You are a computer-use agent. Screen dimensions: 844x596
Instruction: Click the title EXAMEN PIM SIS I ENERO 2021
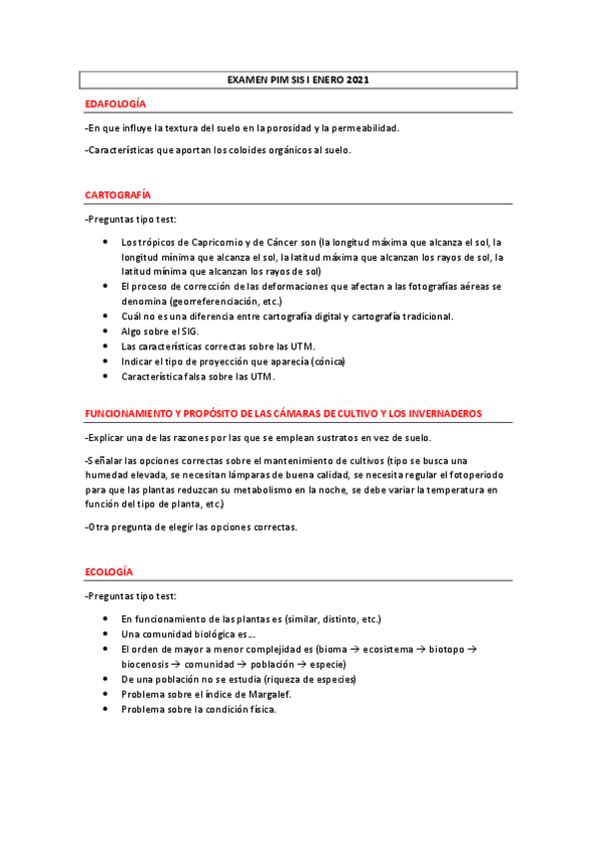pos(298,79)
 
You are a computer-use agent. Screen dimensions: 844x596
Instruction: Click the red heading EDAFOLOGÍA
pos(115,104)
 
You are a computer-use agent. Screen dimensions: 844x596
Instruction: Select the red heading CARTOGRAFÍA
pos(117,194)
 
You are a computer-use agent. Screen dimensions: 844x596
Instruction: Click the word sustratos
pos(318,438)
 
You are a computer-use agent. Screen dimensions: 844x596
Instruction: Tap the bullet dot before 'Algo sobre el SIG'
pos(106,331)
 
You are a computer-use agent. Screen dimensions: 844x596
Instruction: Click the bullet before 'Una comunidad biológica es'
pos(106,633)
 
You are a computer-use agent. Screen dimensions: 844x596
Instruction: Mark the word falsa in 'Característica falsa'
pos(195,377)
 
